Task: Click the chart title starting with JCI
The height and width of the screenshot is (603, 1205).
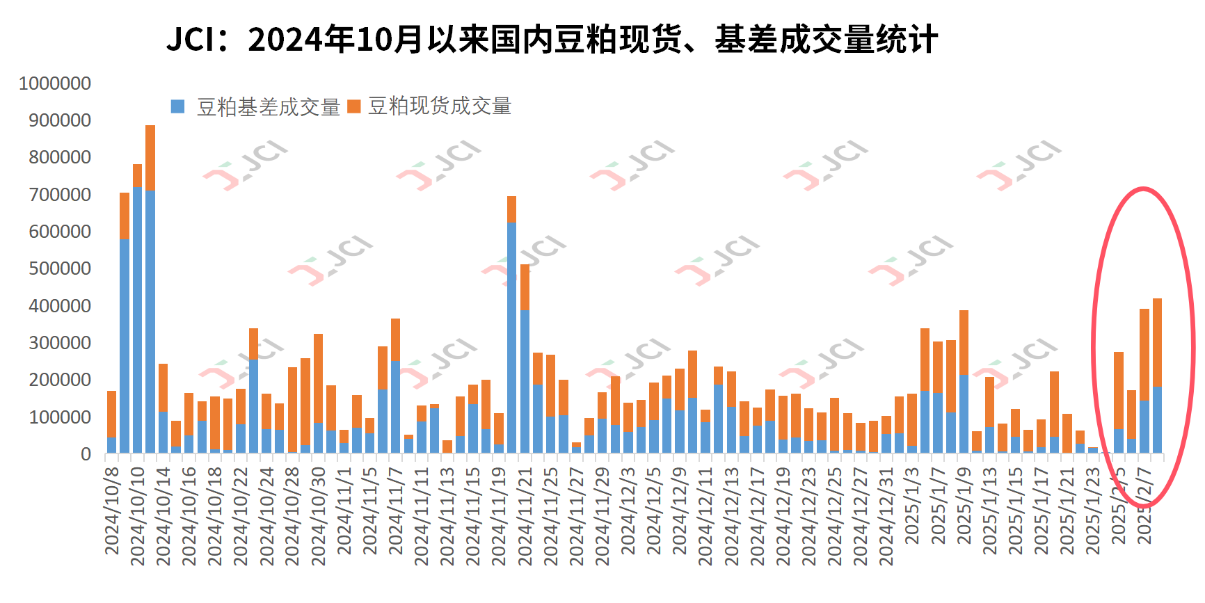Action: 552,40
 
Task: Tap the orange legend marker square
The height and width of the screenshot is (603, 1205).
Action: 354,106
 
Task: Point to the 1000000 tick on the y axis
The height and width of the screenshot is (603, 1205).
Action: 55,83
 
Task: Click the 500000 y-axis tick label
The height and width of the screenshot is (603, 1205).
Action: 60,268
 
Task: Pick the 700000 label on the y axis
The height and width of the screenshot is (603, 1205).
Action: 60,195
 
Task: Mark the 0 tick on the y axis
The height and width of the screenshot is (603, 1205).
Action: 86,454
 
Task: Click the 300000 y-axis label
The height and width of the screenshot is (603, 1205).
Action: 60,343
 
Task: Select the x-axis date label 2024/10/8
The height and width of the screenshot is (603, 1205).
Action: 112,511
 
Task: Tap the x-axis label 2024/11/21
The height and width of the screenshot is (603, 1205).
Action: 525,515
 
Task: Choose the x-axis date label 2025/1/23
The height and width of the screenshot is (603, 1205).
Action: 1093,511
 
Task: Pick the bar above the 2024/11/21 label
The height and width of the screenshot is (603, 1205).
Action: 525,361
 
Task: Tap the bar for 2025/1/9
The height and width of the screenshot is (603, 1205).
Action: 964,382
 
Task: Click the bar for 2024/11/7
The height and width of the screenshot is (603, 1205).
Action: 395,386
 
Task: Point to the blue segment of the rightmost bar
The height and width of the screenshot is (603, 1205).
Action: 1157,420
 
